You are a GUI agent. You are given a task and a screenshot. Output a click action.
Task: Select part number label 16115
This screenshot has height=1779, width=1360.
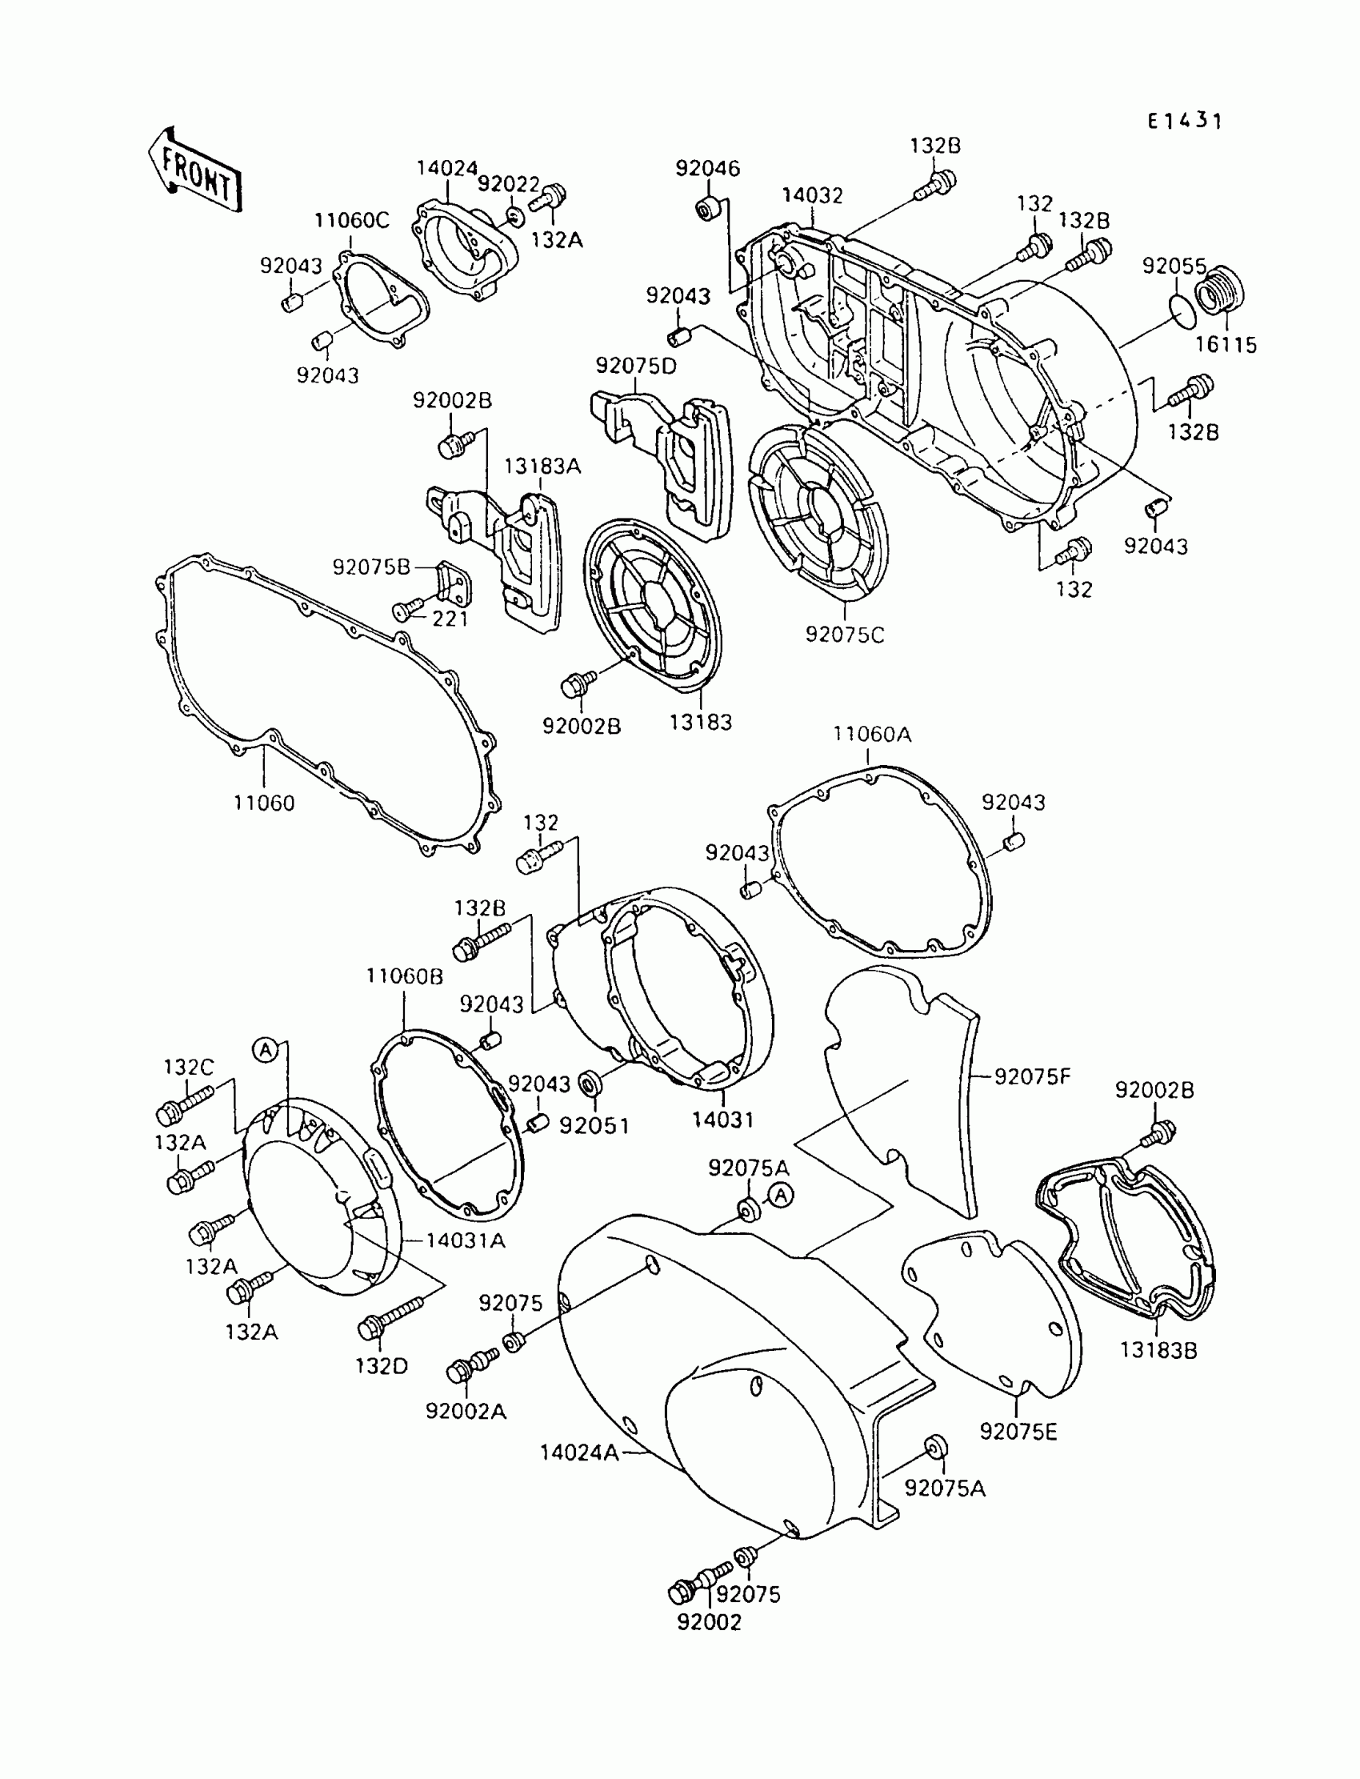click(x=1226, y=345)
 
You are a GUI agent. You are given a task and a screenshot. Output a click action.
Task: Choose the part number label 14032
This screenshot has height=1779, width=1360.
click(x=812, y=196)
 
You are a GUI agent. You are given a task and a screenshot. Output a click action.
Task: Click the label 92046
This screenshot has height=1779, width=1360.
click(x=707, y=168)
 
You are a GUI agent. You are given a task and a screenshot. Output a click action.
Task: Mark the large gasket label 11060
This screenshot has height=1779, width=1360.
click(x=264, y=803)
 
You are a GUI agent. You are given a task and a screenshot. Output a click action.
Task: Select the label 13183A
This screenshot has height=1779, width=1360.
click(x=542, y=467)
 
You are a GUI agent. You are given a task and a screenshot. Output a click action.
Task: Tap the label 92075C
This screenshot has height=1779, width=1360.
click(x=844, y=635)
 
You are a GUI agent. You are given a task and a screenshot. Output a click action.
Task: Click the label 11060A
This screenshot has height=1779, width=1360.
click(x=873, y=735)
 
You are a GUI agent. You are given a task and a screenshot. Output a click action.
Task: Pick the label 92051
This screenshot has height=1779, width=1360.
click(x=594, y=1125)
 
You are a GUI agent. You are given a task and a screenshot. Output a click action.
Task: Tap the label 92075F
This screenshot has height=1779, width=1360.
click(x=1032, y=1077)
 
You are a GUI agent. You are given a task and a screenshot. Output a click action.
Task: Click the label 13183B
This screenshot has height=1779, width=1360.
click(x=1158, y=1351)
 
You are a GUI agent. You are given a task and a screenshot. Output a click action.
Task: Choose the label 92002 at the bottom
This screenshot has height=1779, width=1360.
click(x=709, y=1621)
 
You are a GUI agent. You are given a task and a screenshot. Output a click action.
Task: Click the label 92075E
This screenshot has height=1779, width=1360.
click(x=1018, y=1432)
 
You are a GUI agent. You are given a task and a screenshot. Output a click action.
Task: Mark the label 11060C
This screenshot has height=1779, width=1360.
click(x=351, y=220)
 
